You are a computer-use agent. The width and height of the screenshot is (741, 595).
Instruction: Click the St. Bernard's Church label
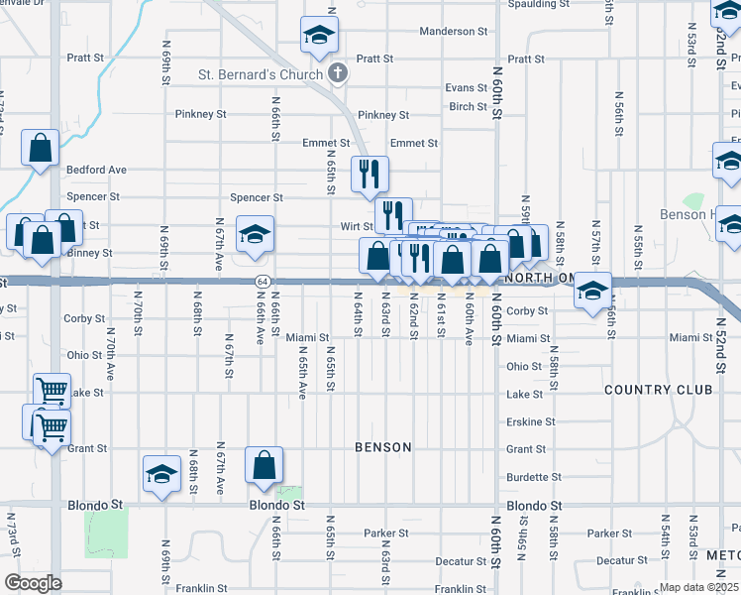[261, 75]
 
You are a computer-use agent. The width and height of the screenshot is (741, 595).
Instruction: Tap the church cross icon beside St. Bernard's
[337, 74]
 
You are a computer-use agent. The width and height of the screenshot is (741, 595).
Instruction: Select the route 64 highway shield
[260, 282]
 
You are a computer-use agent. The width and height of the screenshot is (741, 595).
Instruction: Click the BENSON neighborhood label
[383, 447]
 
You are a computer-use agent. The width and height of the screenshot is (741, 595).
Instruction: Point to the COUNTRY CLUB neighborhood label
[657, 390]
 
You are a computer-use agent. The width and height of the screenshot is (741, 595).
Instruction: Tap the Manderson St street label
[454, 32]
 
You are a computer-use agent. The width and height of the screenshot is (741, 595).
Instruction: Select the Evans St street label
[467, 87]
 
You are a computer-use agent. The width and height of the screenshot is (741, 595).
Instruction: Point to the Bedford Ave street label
[96, 170]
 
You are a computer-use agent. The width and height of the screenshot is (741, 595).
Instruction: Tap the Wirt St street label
[356, 226]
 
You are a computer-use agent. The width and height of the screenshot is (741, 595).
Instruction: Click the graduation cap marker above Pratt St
[320, 36]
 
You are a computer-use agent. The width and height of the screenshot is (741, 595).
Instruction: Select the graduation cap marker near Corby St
[592, 291]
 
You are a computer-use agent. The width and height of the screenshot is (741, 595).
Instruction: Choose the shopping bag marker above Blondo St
[265, 466]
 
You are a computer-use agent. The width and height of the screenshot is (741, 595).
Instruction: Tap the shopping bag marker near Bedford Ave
[41, 149]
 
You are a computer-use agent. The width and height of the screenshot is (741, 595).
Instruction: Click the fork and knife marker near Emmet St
[370, 174]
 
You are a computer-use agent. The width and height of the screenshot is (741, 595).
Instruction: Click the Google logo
[32, 583]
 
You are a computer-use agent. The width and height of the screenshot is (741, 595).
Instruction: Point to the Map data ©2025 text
[698, 587]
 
